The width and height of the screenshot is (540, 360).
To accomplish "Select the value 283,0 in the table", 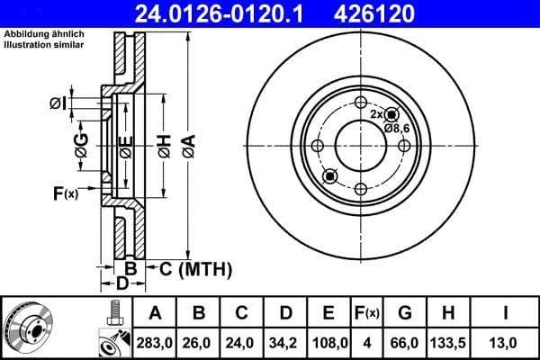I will (155, 342).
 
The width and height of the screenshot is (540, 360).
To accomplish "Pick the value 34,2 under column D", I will (285, 342).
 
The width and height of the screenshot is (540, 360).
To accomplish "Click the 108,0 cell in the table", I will (328, 342).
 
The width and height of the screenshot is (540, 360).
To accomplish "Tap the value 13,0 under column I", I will (507, 342).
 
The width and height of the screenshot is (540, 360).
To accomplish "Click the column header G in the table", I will (405, 313).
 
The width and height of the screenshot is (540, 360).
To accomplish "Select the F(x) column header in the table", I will (368, 313).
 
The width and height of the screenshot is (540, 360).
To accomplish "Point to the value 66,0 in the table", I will (405, 342).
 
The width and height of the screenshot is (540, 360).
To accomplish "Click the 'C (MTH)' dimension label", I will (195, 268).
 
